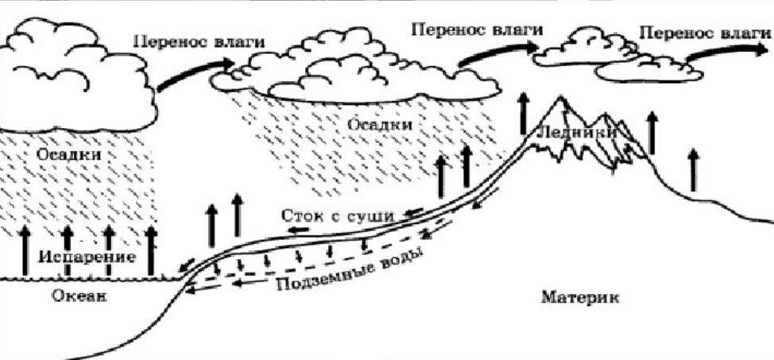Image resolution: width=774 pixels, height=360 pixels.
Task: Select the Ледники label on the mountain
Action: coord(576,133)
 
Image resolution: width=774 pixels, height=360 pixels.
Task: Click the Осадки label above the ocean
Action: coord(69,154)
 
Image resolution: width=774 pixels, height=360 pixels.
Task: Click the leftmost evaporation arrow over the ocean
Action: coord(25,250)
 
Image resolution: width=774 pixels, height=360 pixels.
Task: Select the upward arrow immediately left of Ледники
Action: coord(524,114)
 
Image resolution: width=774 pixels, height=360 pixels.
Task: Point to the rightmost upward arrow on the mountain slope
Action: coord(694,168)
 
